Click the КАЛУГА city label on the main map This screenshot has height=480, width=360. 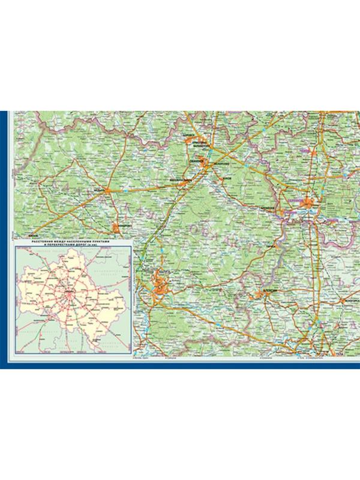coord(164,272)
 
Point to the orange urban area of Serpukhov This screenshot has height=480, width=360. coord(309,205)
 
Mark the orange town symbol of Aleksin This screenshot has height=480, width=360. coord(263,293)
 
